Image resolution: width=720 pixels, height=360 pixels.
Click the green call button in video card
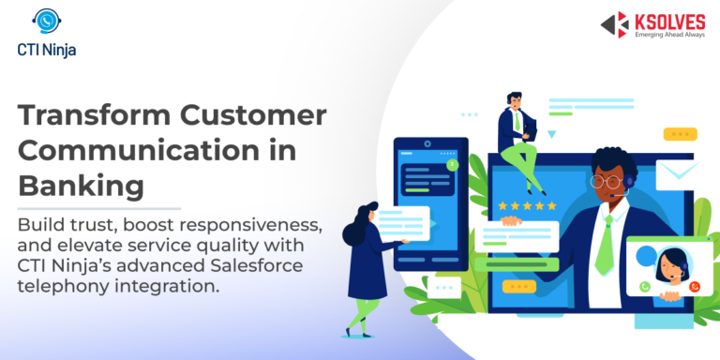[x=645, y=285]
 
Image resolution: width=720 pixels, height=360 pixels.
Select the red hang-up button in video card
[x=695, y=285]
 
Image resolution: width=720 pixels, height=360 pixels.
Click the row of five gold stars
[x=527, y=205]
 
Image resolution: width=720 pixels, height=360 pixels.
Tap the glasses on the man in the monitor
[x=606, y=181]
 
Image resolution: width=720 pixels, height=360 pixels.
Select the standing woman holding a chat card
[x=361, y=267]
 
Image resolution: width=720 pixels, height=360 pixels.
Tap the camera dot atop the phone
[x=427, y=143]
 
